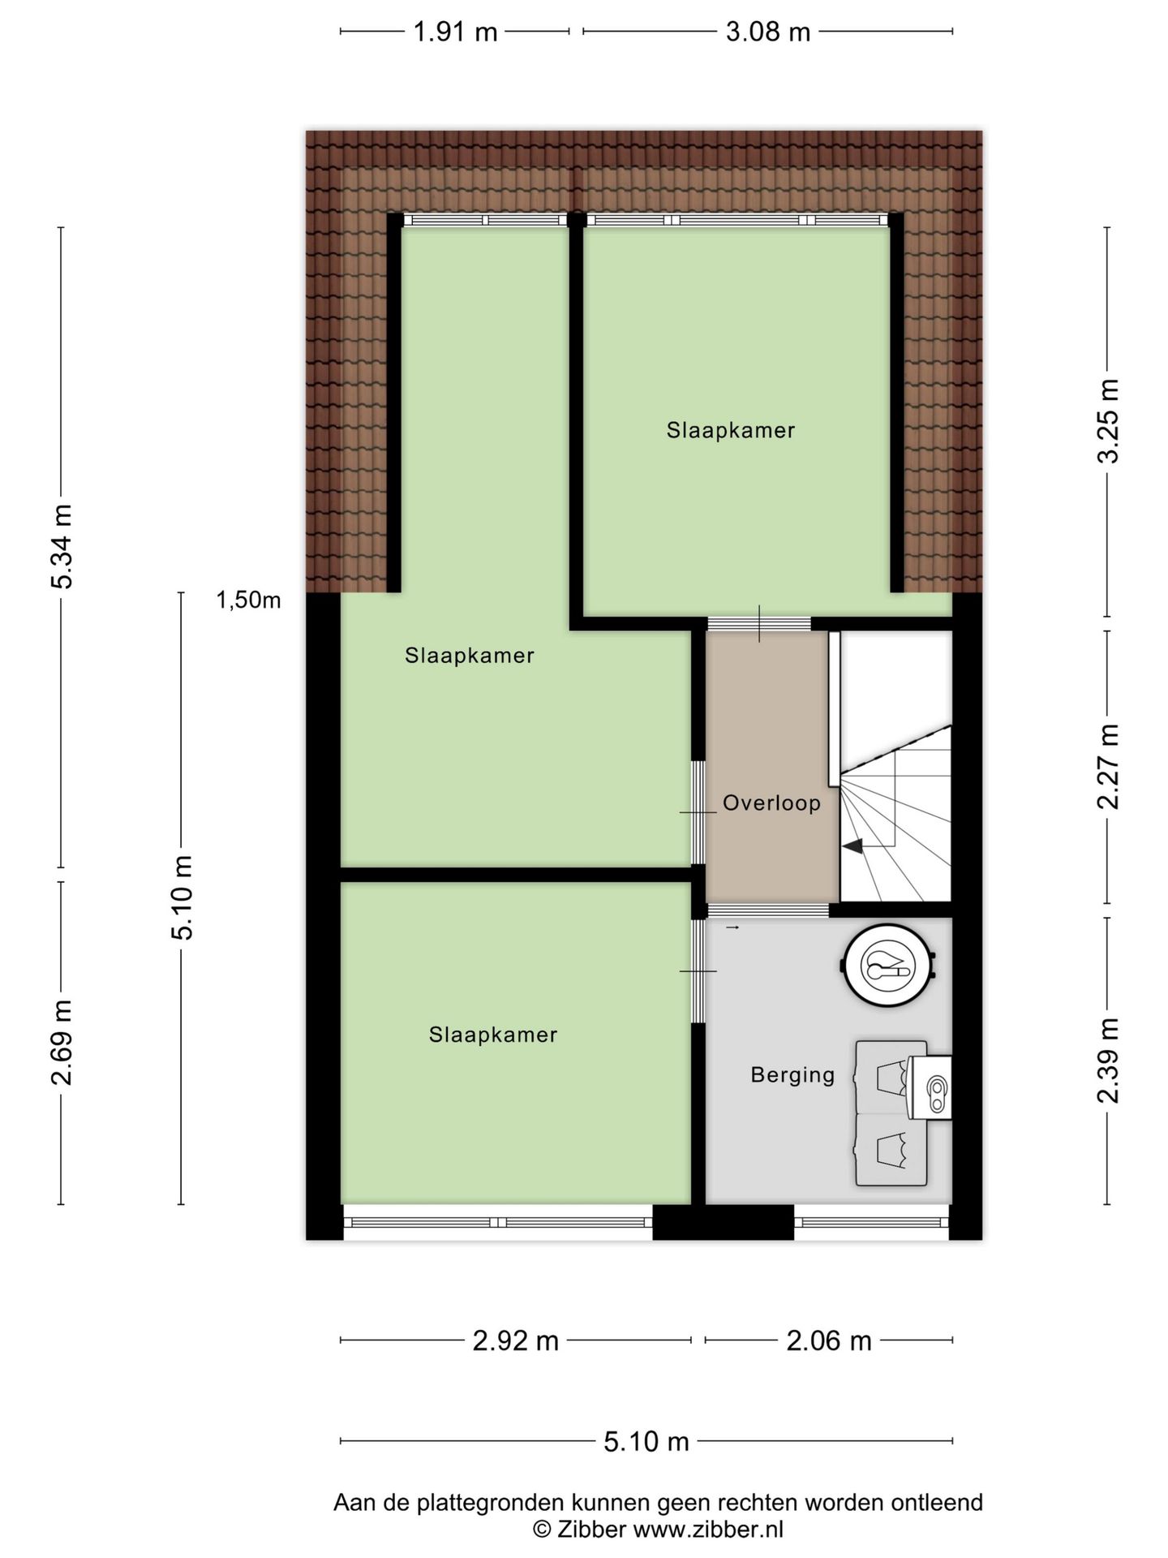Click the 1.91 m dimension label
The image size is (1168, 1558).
[455, 32]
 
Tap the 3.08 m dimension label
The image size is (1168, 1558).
[767, 32]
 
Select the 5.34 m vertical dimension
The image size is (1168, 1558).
[62, 546]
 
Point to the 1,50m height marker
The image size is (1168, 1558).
[248, 600]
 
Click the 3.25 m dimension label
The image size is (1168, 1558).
[1108, 421]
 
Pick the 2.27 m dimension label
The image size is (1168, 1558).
[1108, 767]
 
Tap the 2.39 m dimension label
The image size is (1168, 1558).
[1108, 1061]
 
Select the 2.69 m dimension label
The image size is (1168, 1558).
[62, 1043]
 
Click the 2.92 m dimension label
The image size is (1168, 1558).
[516, 1341]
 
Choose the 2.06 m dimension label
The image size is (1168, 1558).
[829, 1341]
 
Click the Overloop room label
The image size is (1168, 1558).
[771, 803]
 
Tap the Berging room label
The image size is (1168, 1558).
[792, 1075]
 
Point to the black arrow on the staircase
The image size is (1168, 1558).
[852, 846]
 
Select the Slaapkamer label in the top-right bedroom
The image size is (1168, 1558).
[731, 430]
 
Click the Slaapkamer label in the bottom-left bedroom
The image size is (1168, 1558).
[493, 1035]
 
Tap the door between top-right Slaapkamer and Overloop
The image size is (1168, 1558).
[759, 624]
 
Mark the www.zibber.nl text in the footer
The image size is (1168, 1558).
[708, 1530]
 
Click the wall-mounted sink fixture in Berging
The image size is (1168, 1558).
[930, 1088]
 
